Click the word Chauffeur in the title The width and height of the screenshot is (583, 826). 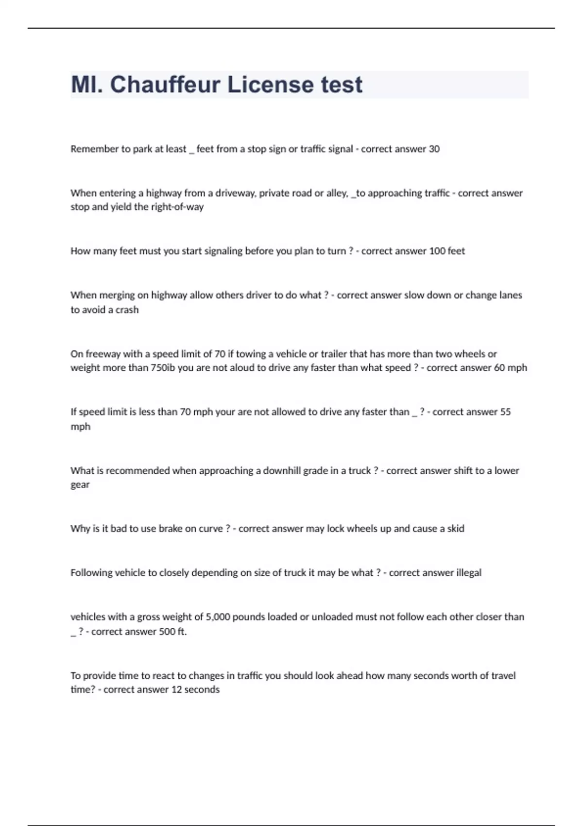(x=165, y=85)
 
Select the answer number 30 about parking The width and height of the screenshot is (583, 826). (x=434, y=149)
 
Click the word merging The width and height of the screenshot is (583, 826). (x=117, y=295)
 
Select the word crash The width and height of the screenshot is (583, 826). (x=127, y=310)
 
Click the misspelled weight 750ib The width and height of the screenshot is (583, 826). (x=163, y=368)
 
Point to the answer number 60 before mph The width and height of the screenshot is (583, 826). (x=499, y=368)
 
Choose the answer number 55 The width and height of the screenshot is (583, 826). (x=505, y=412)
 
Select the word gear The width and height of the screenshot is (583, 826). (x=80, y=485)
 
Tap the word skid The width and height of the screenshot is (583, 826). (x=456, y=529)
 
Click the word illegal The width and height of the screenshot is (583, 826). (x=469, y=573)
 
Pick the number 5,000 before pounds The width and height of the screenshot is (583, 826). (x=218, y=617)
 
